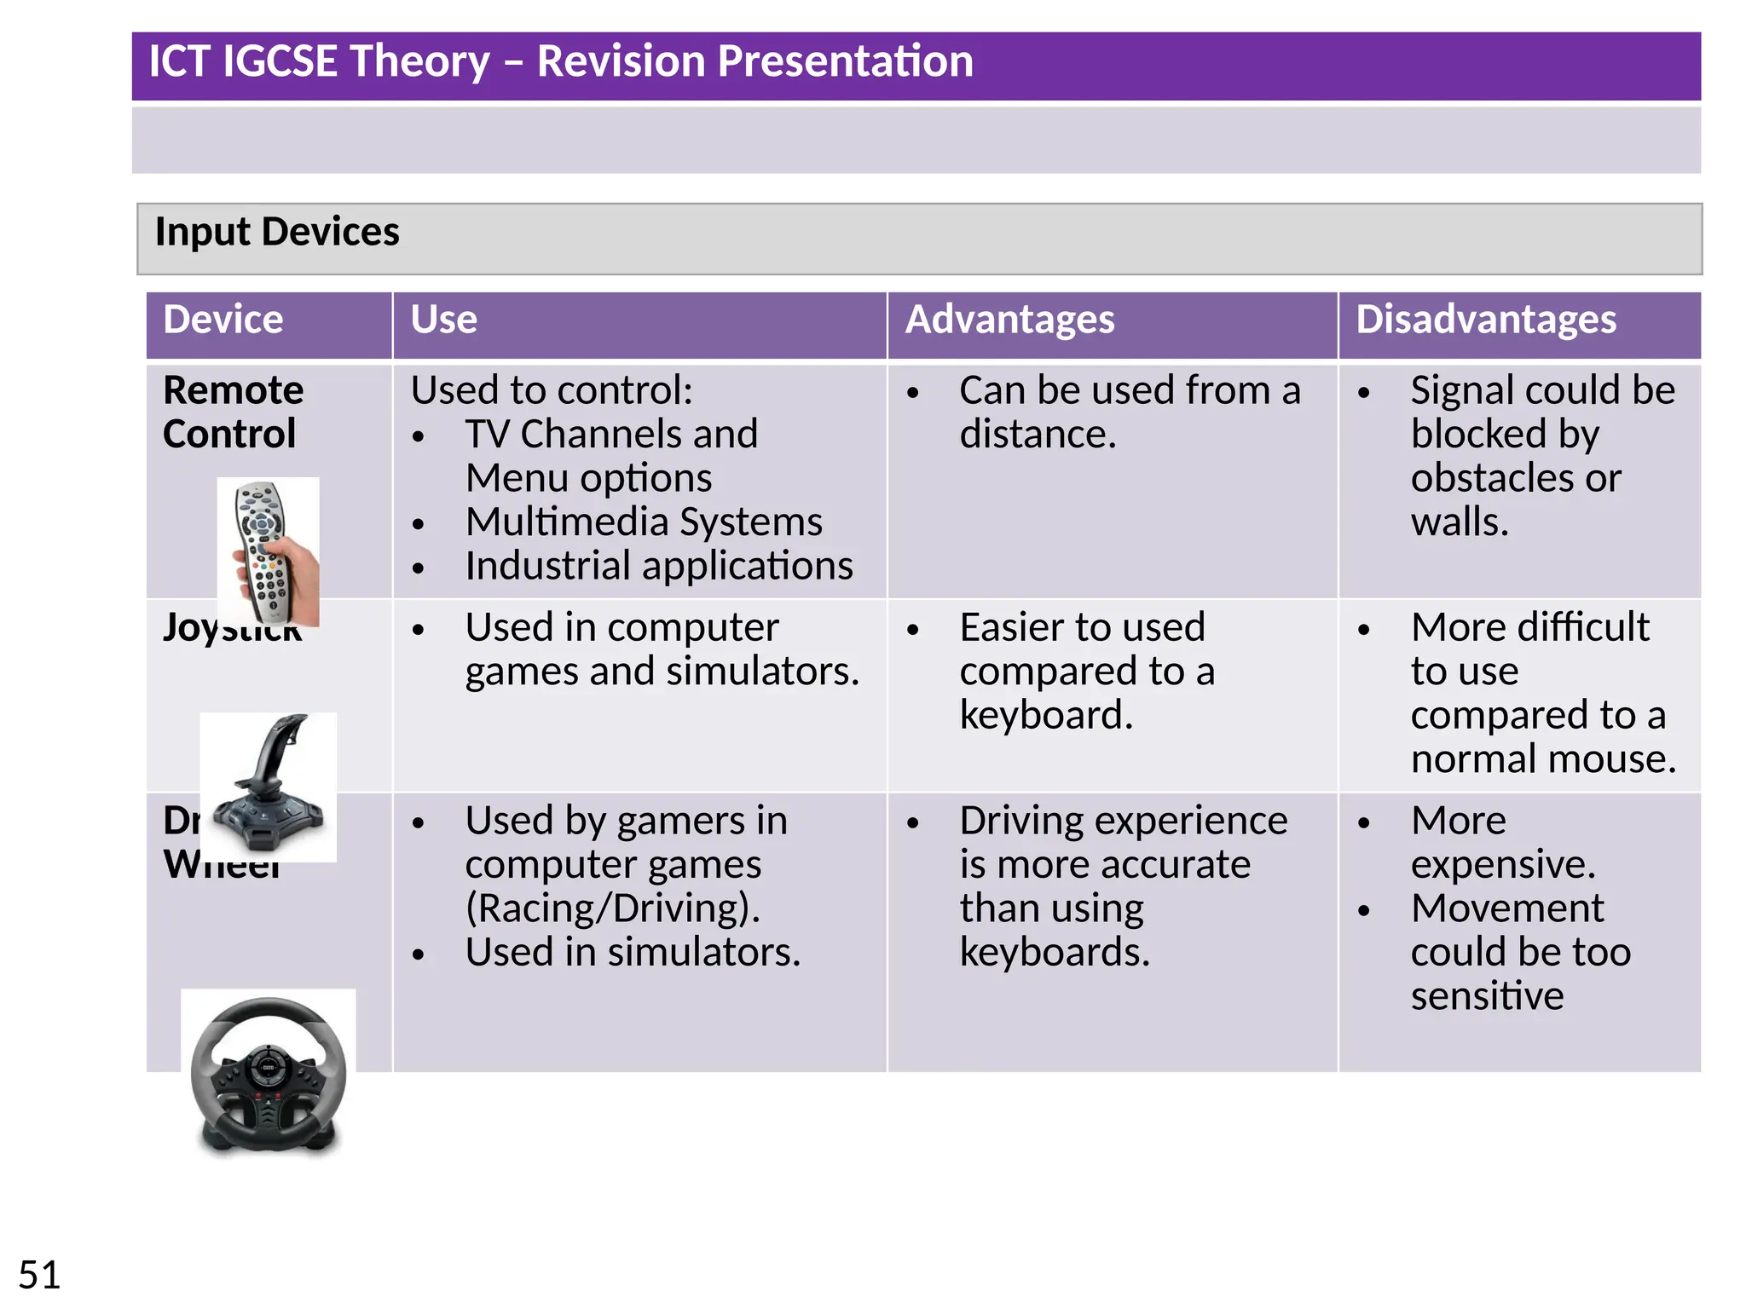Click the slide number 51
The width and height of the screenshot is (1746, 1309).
(39, 1275)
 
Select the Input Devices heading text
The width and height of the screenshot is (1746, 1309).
(277, 232)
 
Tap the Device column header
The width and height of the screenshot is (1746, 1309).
(223, 320)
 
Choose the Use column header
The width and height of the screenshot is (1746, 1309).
(443, 320)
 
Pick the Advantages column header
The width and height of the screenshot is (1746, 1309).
(1009, 320)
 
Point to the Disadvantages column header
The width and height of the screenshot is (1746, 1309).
(1485, 320)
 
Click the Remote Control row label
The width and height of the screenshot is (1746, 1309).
(232, 412)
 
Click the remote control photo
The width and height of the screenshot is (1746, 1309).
(269, 551)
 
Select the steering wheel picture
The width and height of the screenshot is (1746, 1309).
(269, 1074)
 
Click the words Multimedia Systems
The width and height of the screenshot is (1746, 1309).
(644, 522)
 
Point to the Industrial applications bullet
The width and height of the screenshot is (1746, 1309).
(658, 566)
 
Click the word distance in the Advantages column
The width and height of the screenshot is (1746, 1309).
(1037, 435)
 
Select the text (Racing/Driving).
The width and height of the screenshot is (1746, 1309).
(612, 908)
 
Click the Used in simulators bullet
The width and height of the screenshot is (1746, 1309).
(633, 952)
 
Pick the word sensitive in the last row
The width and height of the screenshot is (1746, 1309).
(1487, 996)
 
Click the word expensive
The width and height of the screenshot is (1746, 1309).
(1502, 864)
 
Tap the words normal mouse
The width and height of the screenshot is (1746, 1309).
(1543, 758)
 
